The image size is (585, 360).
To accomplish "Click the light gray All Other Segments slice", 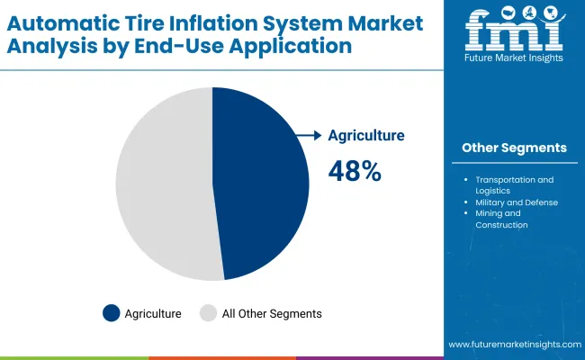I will [x=162, y=184].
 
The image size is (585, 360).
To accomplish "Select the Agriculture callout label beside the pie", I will [x=366, y=135].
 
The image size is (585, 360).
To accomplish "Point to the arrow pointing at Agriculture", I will [x=309, y=135].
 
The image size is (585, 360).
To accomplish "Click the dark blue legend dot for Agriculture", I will [x=111, y=313].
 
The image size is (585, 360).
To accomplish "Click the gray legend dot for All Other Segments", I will [x=208, y=313].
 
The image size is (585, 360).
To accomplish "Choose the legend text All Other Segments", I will [x=273, y=314].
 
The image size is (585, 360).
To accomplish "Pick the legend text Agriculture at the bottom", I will [x=154, y=314].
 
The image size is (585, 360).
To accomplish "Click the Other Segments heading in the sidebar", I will [x=514, y=147].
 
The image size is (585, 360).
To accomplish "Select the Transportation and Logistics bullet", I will [x=515, y=184].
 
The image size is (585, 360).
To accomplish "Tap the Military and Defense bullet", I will [x=517, y=202].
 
